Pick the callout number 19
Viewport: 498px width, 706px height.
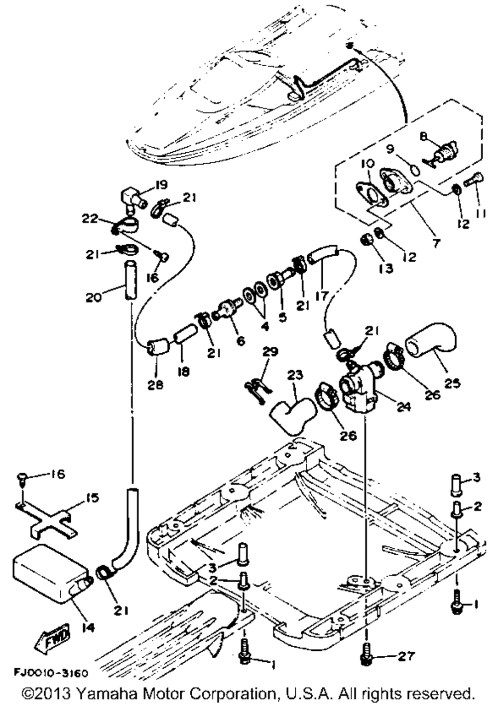[161, 185]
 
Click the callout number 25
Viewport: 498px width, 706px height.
[453, 383]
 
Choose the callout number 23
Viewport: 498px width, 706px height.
[295, 375]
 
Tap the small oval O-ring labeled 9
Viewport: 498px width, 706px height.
[415, 170]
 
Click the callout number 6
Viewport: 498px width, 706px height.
[241, 340]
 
